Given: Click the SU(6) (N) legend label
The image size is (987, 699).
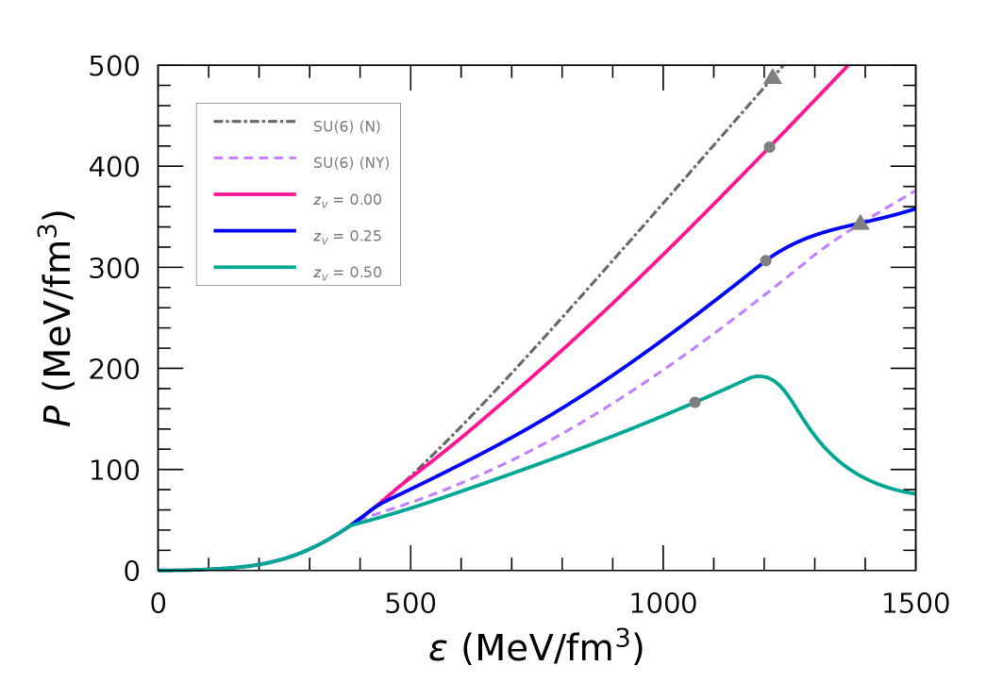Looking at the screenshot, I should tap(346, 126).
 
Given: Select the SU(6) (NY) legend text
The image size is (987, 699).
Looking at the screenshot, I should tap(351, 163).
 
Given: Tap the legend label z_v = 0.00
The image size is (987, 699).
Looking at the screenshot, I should tap(347, 200).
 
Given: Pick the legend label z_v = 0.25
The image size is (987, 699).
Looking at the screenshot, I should tap(347, 237).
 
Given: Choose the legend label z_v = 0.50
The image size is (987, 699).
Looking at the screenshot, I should tap(347, 273).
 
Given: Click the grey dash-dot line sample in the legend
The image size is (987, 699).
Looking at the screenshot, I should tap(255, 122).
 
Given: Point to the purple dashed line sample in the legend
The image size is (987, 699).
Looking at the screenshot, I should tap(255, 158).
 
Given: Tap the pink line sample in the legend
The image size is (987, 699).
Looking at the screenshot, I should tap(255, 194).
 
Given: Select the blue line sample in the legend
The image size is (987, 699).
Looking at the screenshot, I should tap(255, 231).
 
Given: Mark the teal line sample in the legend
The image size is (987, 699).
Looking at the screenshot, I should tap(255, 267).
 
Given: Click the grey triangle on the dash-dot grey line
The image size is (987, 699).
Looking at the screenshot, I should tap(773, 76).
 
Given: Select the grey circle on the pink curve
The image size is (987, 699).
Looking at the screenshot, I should tap(769, 147).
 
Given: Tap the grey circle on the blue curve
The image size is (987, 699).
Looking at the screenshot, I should tap(765, 260).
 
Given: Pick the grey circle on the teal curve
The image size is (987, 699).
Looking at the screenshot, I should tap(694, 402).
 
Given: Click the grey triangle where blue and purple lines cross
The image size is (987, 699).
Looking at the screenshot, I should tap(860, 223).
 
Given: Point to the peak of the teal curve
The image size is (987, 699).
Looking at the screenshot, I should tap(758, 376).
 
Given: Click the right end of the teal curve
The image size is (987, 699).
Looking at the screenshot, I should tap(912, 493).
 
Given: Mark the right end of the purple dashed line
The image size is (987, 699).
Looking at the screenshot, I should tap(912, 191).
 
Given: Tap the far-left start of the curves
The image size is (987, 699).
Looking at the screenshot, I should tap(160, 570).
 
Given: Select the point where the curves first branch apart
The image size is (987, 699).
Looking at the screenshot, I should tap(352, 524).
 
